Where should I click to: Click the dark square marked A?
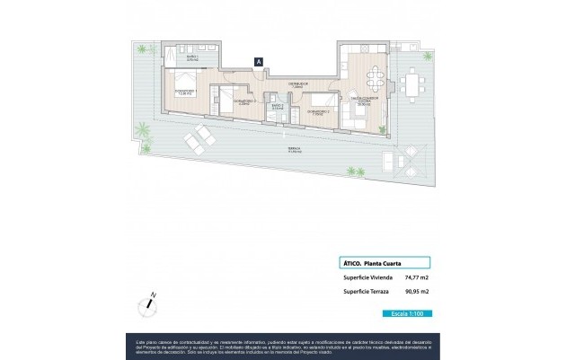point(259,62)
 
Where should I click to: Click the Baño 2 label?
point(278,107)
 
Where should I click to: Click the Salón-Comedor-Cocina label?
point(362,100)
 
